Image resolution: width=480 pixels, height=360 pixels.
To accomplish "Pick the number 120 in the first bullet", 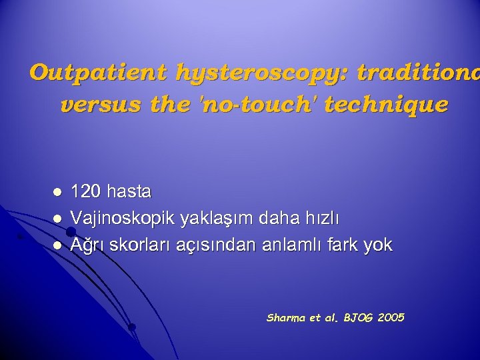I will point(84,192).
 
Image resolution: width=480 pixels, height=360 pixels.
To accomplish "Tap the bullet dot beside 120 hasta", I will point(57,192).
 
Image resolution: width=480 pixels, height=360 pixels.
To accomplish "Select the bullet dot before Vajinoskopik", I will point(57,218).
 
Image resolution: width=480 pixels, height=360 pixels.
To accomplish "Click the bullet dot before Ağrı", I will point(57,245).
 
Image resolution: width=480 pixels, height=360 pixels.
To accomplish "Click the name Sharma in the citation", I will point(285,318).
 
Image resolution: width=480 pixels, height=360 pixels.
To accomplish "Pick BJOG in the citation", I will point(357,318).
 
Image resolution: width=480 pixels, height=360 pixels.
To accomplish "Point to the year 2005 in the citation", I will point(391,318).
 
